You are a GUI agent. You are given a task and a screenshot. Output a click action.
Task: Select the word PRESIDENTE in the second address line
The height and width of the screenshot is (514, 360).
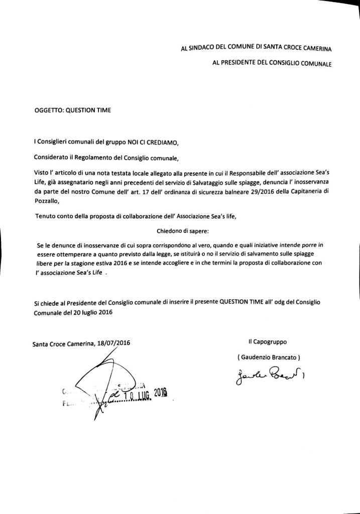(238, 64)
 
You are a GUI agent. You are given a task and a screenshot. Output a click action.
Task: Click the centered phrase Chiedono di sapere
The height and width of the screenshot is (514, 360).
(179, 230)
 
